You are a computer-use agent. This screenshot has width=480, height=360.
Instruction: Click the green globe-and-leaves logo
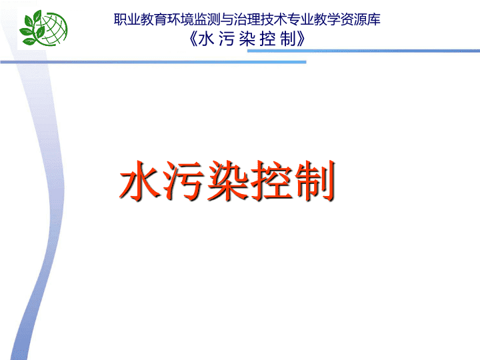[43, 28]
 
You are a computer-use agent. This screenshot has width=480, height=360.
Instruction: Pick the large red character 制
[315, 181]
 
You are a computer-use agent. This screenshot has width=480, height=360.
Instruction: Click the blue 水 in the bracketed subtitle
[206, 39]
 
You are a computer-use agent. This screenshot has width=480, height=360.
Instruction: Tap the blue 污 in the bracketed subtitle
[227, 39]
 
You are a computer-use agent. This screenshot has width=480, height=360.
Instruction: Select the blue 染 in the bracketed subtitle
[247, 39]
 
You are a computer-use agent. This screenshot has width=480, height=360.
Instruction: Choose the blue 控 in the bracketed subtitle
[267, 39]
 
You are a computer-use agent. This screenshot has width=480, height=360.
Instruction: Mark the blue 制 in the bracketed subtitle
[288, 39]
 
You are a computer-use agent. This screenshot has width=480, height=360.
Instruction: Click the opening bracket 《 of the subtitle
[193, 39]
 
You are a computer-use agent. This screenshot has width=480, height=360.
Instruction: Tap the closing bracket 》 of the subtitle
[301, 39]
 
